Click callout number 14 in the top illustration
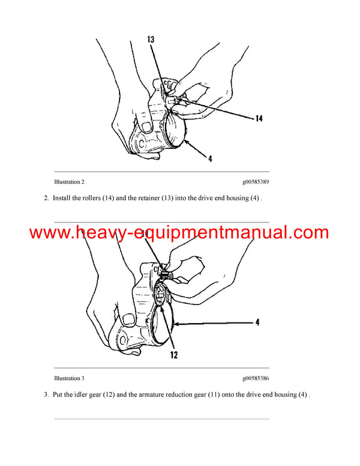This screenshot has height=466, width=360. (259, 119)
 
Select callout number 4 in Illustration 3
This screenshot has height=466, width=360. (257, 322)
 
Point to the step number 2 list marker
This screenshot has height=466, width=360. (46, 198)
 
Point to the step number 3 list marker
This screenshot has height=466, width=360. (46, 395)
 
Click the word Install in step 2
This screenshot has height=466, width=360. (62, 198)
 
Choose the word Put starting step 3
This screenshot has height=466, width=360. (59, 395)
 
